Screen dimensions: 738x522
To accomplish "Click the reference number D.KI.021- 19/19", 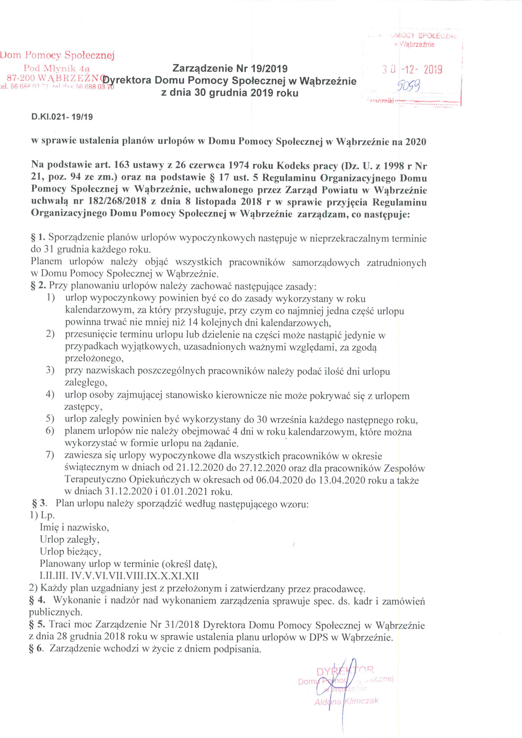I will pos(62,117).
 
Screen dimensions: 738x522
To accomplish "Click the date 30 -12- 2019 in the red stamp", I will pos(412,69).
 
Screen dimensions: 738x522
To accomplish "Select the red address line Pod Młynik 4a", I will pos(57,68).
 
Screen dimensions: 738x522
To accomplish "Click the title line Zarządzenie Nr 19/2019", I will pos(230,68).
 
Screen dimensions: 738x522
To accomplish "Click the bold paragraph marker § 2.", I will pos(38,286).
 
